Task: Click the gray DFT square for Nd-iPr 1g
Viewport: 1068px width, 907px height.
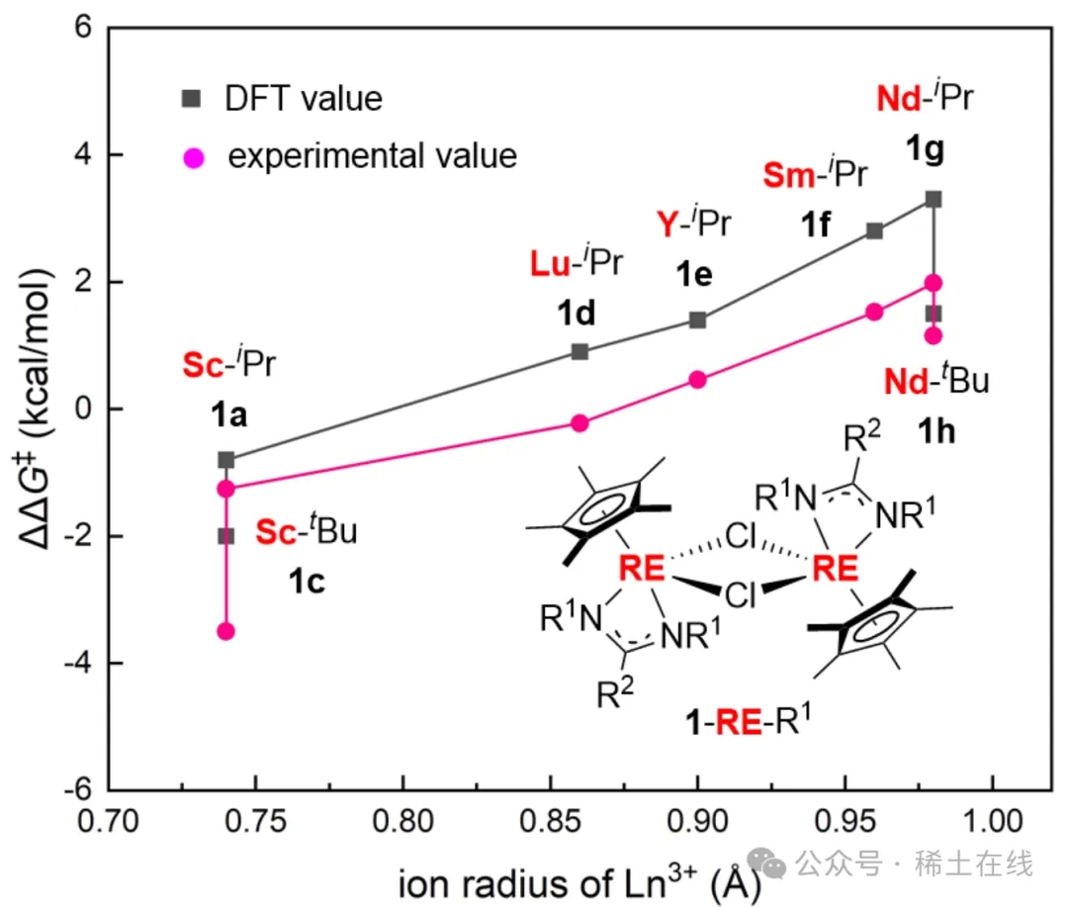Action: point(934,199)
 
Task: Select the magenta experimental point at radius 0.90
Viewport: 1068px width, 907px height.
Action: point(697,380)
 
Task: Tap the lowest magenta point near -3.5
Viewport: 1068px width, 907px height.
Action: point(225,631)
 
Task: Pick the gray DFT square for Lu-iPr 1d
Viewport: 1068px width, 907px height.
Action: point(579,352)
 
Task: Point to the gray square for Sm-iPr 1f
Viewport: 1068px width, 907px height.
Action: point(874,231)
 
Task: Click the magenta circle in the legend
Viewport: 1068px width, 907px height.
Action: point(194,158)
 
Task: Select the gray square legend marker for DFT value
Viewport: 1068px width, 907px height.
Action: point(192,99)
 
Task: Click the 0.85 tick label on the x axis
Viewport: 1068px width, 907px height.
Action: point(550,821)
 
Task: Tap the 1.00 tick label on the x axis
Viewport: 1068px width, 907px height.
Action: point(992,821)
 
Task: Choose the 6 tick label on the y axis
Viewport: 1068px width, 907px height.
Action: point(83,28)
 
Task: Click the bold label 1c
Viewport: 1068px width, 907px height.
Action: point(307,582)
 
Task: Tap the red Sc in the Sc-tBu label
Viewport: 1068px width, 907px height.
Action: point(275,532)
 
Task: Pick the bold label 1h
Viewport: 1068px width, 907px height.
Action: point(936,431)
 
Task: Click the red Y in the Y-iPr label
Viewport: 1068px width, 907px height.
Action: point(667,224)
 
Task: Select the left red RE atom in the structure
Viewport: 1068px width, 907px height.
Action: point(641,568)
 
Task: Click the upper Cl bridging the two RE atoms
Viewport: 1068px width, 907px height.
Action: point(741,536)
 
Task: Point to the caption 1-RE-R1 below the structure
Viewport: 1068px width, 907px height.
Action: point(748,720)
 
